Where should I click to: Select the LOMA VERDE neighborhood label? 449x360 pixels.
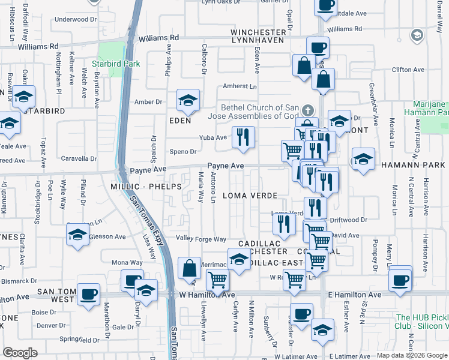tap(250, 196)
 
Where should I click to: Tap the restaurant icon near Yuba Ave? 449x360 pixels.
tap(243, 137)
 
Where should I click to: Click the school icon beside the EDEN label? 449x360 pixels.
tap(188, 100)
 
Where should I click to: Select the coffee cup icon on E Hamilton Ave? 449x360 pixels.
tap(400, 279)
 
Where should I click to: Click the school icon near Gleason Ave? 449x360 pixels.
tap(78, 235)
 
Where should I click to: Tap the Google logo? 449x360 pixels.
tap(20, 352)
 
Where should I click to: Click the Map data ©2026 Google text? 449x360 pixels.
tap(412, 355)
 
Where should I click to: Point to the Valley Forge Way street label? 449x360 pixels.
tap(200, 239)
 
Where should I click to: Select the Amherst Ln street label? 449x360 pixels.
tap(240, 86)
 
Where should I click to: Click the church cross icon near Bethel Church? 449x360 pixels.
tap(307, 110)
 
